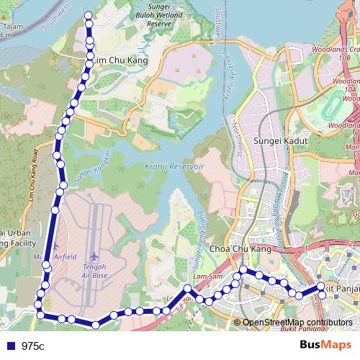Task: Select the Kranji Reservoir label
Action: click(x=176, y=166)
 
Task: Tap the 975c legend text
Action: click(x=32, y=346)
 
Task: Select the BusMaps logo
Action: click(x=326, y=345)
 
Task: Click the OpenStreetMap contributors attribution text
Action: click(x=297, y=323)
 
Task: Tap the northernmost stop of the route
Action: click(x=89, y=15)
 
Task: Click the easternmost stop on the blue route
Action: click(x=321, y=287)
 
